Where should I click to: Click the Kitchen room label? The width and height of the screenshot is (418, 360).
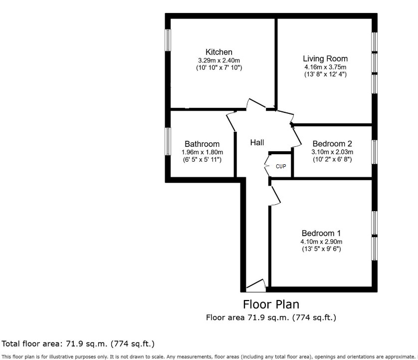coord(219,52)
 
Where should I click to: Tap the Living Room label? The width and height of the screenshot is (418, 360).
coord(325,58)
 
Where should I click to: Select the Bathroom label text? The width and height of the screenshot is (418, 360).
coord(202,144)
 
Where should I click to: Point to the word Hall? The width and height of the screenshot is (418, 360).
coord(257,143)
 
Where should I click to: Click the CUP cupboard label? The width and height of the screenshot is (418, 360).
coord(281,166)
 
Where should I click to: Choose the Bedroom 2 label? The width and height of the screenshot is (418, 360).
coord(332,144)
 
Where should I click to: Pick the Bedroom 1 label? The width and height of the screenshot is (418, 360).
coord(321,233)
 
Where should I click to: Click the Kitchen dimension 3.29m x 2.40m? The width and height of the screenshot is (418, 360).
coord(219,60)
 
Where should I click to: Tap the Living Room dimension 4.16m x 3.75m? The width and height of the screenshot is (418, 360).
coord(325,66)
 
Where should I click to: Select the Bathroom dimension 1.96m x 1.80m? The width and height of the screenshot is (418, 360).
coord(202,152)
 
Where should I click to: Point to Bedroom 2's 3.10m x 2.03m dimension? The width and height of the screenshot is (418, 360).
coord(332,152)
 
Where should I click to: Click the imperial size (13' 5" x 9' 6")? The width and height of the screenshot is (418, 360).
coord(321,249)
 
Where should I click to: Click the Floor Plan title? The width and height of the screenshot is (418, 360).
coord(271,304)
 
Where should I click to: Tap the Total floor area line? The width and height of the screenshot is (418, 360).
coord(78,344)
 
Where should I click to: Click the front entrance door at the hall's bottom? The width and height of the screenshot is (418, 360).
coord(256,286)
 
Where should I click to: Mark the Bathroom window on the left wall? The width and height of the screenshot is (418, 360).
coord(169,145)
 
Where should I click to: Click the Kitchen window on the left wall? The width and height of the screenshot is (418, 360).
coord(169,40)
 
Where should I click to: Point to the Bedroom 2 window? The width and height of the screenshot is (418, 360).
coord(374,152)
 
